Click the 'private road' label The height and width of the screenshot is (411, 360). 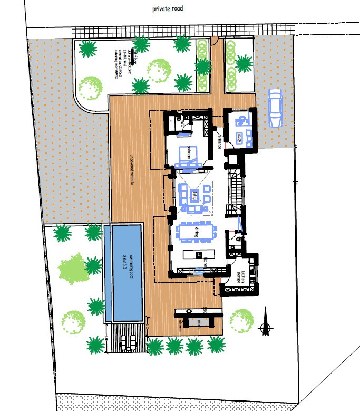click(167, 9)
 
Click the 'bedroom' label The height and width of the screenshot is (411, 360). click(184, 150)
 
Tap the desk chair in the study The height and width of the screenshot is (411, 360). click(237, 121)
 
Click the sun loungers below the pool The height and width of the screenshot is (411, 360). click(127, 342)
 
